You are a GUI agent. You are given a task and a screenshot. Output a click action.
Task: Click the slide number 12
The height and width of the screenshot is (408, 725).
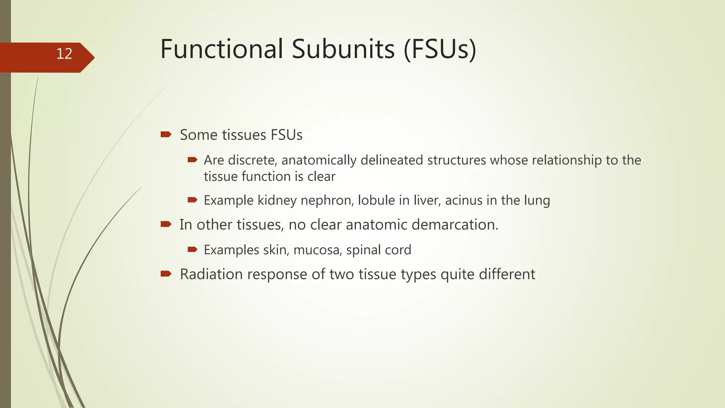coord(64,54)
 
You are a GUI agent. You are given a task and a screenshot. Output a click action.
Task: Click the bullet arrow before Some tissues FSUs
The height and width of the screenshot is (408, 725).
coord(166,134)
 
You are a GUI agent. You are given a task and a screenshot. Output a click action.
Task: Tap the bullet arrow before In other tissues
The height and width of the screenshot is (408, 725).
coord(166,224)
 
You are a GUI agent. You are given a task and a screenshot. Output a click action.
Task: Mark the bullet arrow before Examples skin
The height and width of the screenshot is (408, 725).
coord(192,250)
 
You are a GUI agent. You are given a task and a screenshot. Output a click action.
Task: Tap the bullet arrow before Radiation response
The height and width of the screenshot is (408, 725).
coord(166,273)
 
